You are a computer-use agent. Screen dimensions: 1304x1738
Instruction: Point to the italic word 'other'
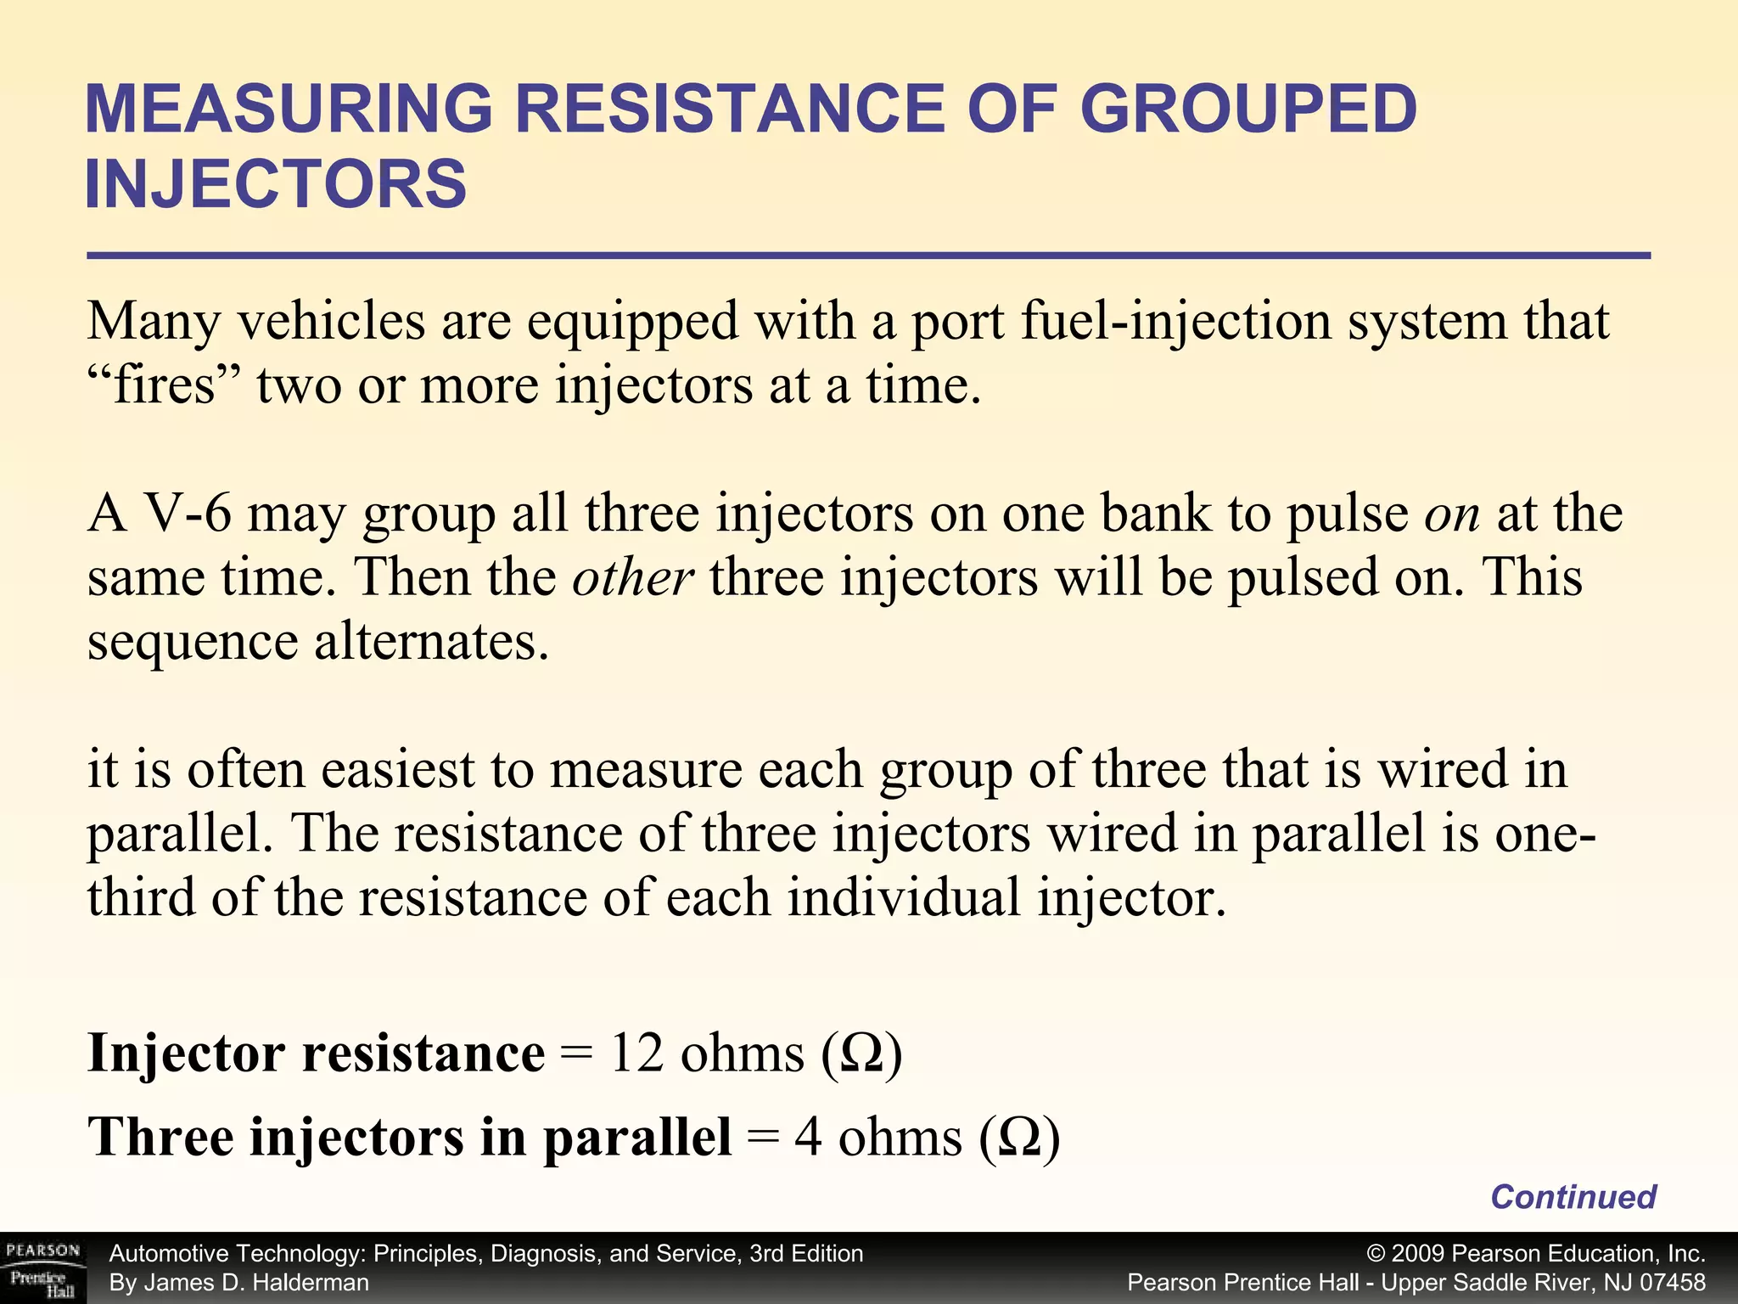click(632, 579)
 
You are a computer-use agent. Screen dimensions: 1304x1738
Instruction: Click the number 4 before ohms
click(808, 1138)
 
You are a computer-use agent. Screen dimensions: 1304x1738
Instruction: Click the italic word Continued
click(1573, 1197)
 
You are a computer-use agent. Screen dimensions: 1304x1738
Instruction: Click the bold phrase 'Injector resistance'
click(317, 1054)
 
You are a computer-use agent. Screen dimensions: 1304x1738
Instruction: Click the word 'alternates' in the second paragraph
click(431, 643)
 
